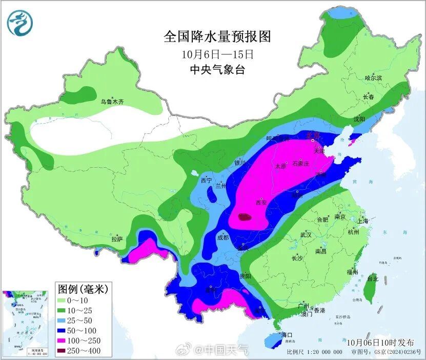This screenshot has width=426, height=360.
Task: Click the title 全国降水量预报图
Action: [217, 36]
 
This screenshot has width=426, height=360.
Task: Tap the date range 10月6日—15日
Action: [217, 54]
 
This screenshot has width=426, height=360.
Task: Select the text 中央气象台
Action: [217, 70]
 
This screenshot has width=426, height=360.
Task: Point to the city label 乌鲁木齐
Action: [112, 102]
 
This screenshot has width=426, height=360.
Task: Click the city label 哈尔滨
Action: [373, 78]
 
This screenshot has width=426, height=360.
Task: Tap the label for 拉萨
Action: [117, 239]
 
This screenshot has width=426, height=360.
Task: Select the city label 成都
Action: [222, 237]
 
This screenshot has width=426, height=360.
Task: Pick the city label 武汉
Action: [306, 235]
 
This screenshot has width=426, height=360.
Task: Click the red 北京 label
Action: [313, 135]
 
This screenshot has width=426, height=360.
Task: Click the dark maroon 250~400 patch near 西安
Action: [246, 217]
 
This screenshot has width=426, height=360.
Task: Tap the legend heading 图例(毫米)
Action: [83, 289]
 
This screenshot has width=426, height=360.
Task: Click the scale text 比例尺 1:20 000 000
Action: [314, 352]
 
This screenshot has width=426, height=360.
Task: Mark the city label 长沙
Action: [297, 258]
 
